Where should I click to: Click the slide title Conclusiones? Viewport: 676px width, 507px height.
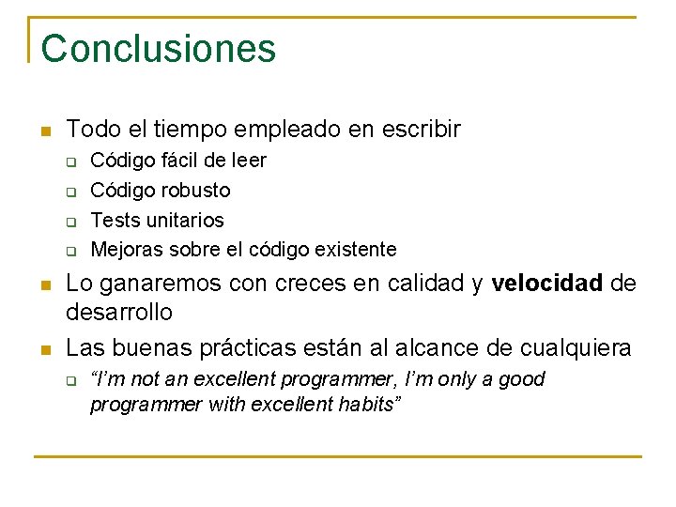pos(159,48)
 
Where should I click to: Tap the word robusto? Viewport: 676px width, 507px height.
pos(196,190)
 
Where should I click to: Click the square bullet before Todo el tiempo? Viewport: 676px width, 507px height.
pos(44,131)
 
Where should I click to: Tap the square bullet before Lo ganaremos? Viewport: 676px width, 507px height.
pos(44,284)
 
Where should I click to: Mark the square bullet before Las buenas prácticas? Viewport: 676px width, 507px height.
pos(44,349)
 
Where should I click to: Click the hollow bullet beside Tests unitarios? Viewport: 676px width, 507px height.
pos(69,222)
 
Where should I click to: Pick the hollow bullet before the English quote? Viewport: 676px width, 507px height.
pos(69,381)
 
